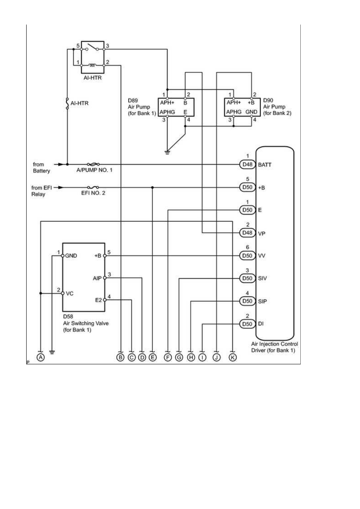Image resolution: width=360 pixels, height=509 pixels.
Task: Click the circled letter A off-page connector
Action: [40, 357]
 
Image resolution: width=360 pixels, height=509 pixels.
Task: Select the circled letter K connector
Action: [233, 357]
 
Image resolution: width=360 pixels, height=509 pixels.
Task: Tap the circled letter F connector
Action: [168, 357]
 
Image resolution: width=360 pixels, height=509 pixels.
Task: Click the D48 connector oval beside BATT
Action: [247, 164]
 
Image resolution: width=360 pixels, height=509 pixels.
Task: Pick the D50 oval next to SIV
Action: [247, 278]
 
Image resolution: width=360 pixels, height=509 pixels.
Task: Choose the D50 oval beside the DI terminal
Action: [247, 324]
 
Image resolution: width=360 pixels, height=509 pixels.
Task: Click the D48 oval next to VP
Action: [247, 233]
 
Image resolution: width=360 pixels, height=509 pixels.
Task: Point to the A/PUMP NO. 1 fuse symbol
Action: [93, 164]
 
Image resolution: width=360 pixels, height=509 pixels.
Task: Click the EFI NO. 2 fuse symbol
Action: [93, 187]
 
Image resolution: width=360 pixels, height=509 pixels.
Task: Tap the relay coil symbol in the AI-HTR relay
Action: [92, 65]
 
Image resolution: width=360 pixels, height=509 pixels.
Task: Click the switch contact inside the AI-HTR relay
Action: [92, 47]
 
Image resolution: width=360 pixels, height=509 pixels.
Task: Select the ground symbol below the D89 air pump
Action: [167, 152]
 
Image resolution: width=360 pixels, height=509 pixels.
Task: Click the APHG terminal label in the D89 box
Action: [167, 112]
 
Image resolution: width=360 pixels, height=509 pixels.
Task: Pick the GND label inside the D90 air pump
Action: [252, 112]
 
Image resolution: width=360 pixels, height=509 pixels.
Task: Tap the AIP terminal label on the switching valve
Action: [97, 278]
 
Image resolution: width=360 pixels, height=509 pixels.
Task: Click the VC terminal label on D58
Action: [70, 293]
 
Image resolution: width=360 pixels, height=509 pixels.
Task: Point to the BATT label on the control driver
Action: [265, 165]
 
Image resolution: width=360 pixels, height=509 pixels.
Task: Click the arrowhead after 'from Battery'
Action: [60, 164]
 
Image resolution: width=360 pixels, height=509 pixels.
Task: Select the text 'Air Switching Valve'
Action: [86, 323]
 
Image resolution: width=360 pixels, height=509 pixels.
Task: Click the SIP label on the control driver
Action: [262, 301]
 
